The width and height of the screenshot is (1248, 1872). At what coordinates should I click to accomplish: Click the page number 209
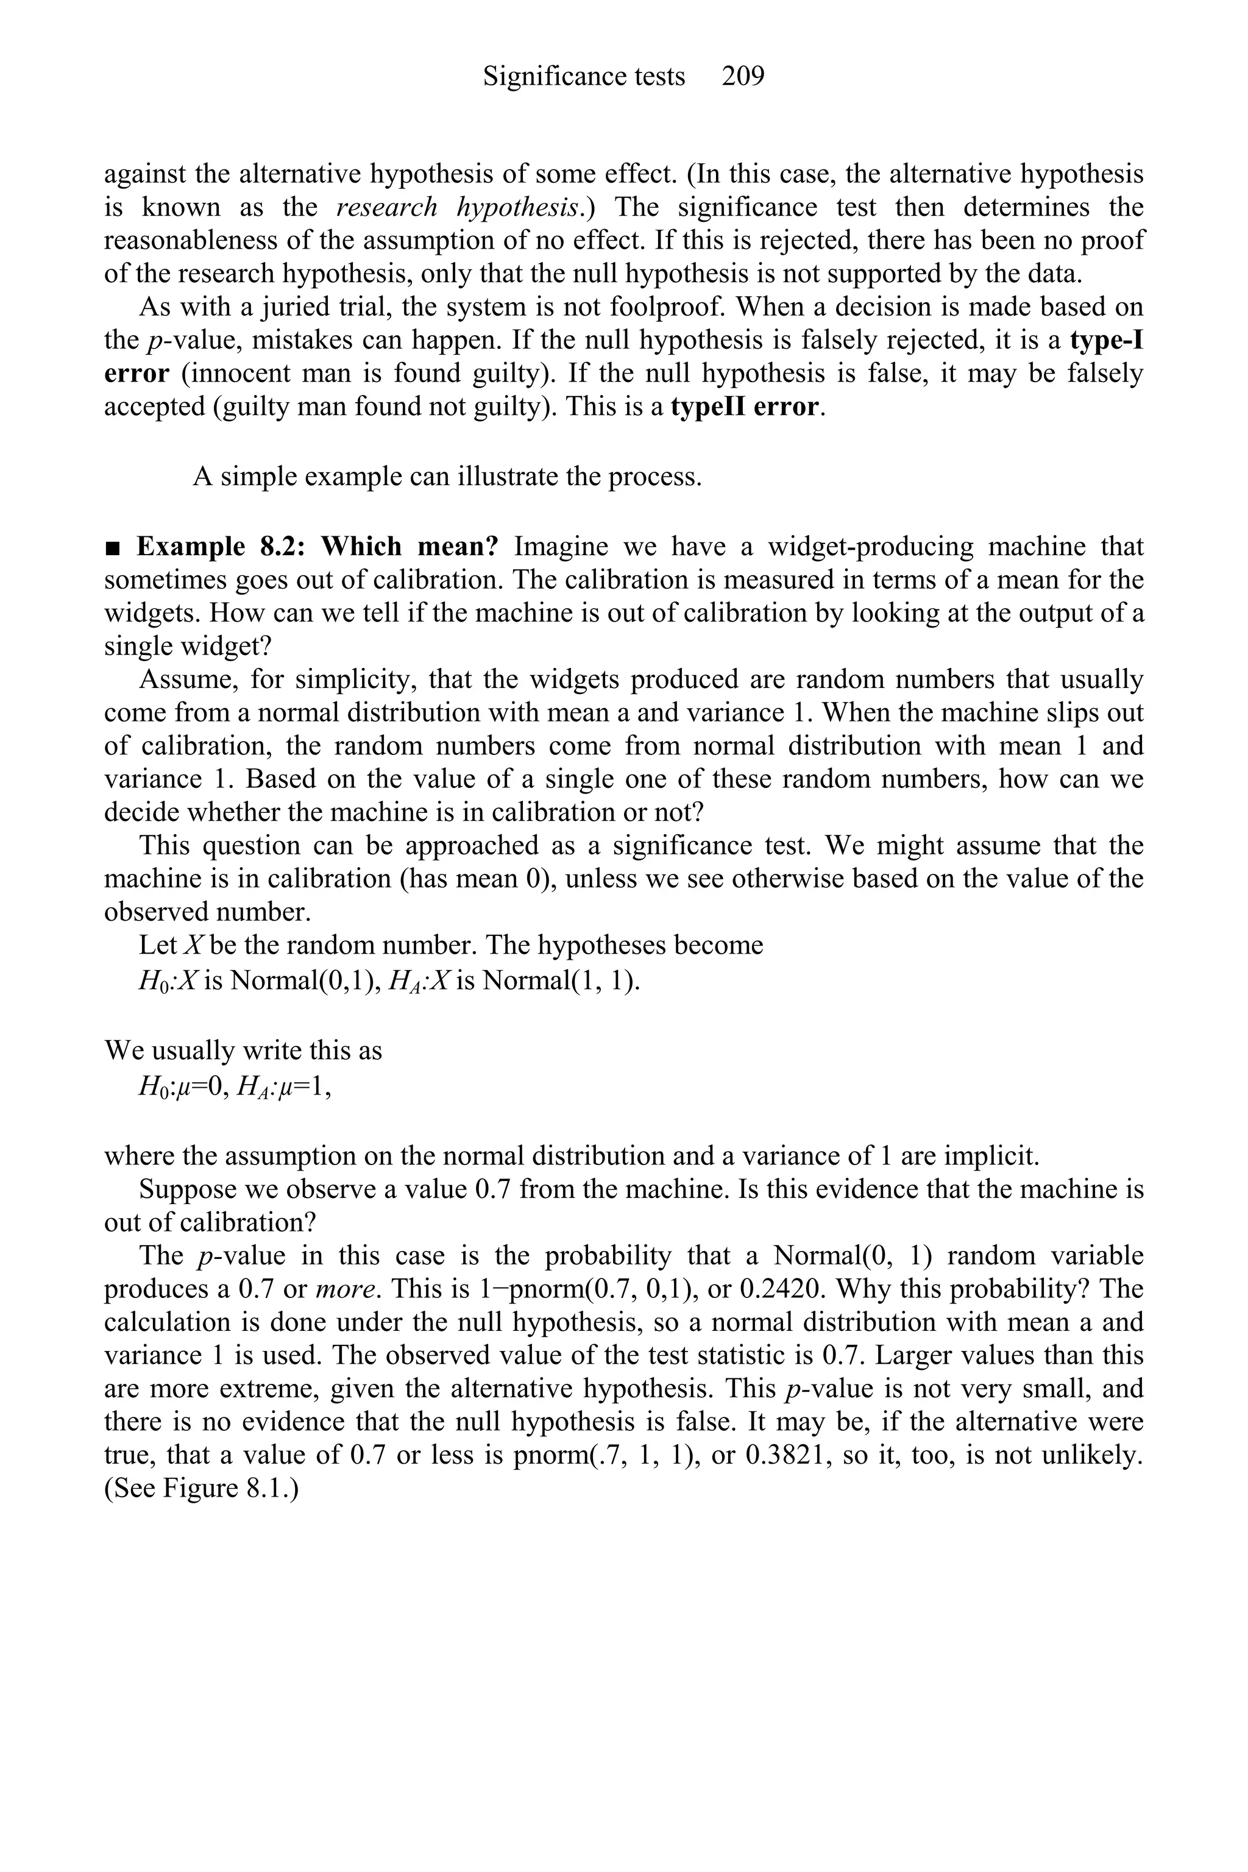(743, 76)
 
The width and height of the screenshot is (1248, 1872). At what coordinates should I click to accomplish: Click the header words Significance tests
(583, 76)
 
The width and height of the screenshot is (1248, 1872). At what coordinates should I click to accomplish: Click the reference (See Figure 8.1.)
(201, 1488)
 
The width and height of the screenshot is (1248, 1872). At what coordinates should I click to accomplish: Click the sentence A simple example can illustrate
(447, 477)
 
